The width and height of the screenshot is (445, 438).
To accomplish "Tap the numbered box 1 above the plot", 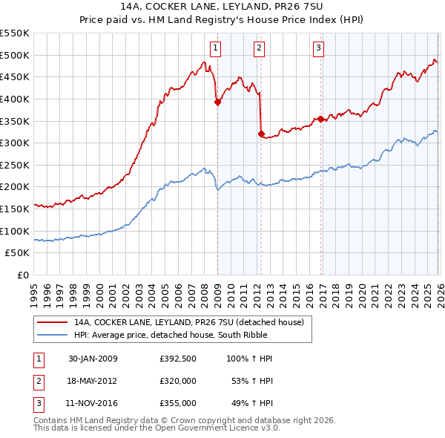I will (215, 49).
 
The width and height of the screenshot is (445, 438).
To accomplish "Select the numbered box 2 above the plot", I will (259, 49).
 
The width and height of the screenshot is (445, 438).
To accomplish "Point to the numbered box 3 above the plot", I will (318, 49).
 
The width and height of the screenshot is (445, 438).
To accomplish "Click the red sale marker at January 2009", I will (217, 103).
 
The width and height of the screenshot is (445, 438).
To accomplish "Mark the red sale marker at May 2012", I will (261, 134).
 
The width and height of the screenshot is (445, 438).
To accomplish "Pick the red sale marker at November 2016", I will (320, 119).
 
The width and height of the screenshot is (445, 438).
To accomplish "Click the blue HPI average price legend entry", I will (192, 335).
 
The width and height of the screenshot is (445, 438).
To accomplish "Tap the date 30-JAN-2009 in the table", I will (93, 359).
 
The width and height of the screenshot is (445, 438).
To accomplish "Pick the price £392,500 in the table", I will (178, 359).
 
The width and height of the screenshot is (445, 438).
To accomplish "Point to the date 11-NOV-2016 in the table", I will (93, 403).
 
